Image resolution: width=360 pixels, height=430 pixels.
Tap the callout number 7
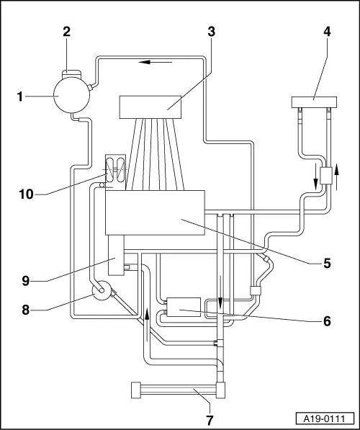tap(210, 419)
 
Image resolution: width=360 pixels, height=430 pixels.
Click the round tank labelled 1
tap(71, 95)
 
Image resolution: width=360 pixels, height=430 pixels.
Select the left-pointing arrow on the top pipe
tap(156, 63)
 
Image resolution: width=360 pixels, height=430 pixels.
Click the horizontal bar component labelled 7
tap(179, 391)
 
